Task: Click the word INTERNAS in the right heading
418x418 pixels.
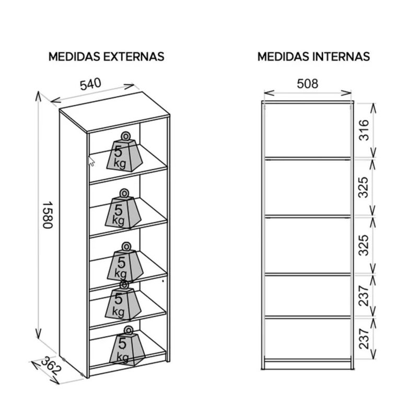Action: tap(343, 56)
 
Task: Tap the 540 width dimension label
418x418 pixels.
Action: tap(90, 84)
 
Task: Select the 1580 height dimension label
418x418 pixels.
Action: tap(47, 215)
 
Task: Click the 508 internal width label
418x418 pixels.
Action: tap(307, 83)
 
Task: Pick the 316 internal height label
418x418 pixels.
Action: tap(364, 130)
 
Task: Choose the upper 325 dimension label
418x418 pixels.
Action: tap(364, 187)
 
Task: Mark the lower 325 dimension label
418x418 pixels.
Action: tap(364, 245)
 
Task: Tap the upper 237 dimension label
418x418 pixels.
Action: tap(364, 295)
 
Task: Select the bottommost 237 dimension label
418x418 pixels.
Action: tap(364, 338)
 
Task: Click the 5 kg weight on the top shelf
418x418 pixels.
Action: tap(125, 154)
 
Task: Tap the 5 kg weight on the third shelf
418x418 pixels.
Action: tap(125, 264)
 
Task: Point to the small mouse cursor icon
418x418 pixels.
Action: tap(91, 161)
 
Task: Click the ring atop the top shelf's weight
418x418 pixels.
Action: tap(126, 136)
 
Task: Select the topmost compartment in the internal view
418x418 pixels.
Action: tap(307, 130)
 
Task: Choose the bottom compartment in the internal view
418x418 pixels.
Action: tap(307, 338)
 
